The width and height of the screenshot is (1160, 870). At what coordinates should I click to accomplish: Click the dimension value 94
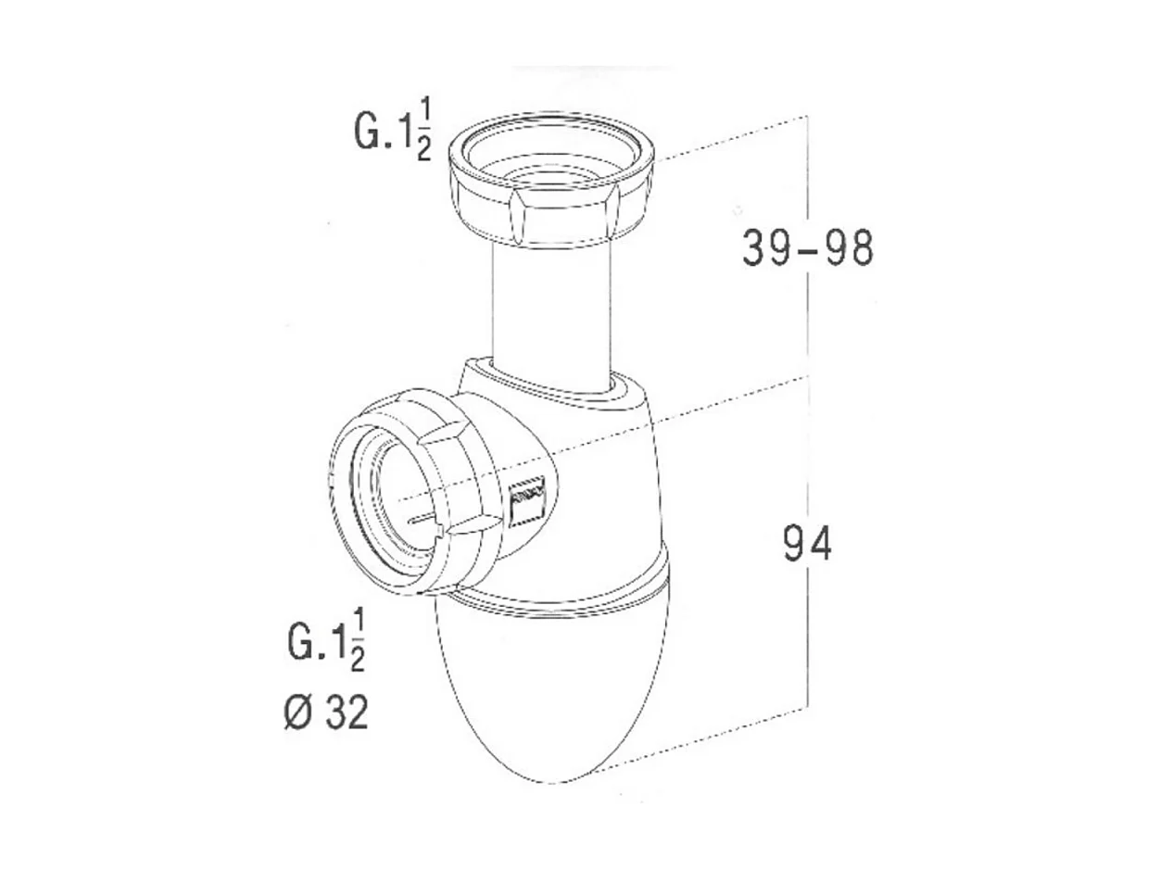click(x=807, y=545)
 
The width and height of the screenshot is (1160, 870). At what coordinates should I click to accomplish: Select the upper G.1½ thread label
click(x=392, y=132)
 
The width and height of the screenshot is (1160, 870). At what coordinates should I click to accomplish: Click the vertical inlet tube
click(x=552, y=306)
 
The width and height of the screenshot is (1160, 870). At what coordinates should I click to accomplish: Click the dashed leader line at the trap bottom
click(x=704, y=741)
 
